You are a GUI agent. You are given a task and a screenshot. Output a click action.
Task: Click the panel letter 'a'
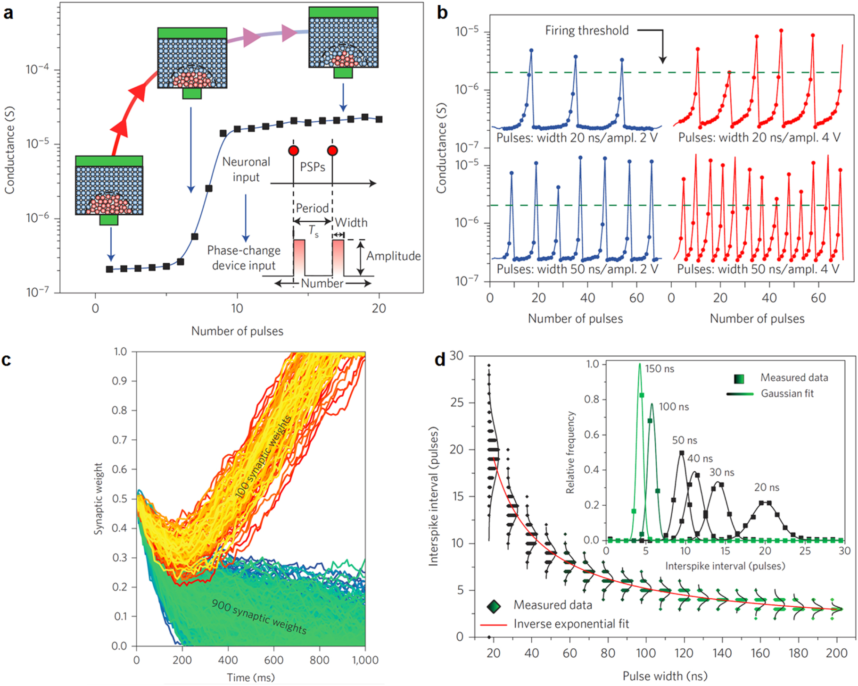click(8, 13)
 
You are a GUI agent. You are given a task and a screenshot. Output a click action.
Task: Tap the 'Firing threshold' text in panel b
click(586, 31)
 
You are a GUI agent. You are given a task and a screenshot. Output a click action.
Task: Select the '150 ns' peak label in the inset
click(659, 369)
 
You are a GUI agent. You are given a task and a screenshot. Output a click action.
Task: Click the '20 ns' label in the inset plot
click(766, 487)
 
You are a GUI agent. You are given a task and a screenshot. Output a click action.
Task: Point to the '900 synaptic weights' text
click(259, 617)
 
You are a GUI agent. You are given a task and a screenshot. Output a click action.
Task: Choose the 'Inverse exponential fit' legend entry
click(571, 624)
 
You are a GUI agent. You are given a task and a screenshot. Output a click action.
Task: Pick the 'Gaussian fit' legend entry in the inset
click(787, 393)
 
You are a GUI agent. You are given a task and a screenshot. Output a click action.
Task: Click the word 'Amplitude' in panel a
click(393, 256)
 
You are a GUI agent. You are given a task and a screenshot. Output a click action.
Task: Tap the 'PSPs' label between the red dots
click(313, 167)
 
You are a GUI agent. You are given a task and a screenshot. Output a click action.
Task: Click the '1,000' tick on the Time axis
click(365, 660)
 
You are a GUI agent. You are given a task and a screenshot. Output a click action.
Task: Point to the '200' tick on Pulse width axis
click(837, 653)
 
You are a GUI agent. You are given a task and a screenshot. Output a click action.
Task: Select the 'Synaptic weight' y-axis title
click(98, 499)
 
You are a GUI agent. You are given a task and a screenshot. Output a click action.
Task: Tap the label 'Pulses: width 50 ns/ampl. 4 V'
click(758, 269)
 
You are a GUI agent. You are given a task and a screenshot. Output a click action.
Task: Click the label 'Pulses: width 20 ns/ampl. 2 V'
click(577, 138)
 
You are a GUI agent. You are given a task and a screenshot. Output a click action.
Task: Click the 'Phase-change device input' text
click(244, 258)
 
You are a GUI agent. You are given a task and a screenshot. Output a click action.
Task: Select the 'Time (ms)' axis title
click(250, 678)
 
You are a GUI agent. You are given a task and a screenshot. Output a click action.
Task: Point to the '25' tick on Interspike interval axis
click(457, 402)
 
